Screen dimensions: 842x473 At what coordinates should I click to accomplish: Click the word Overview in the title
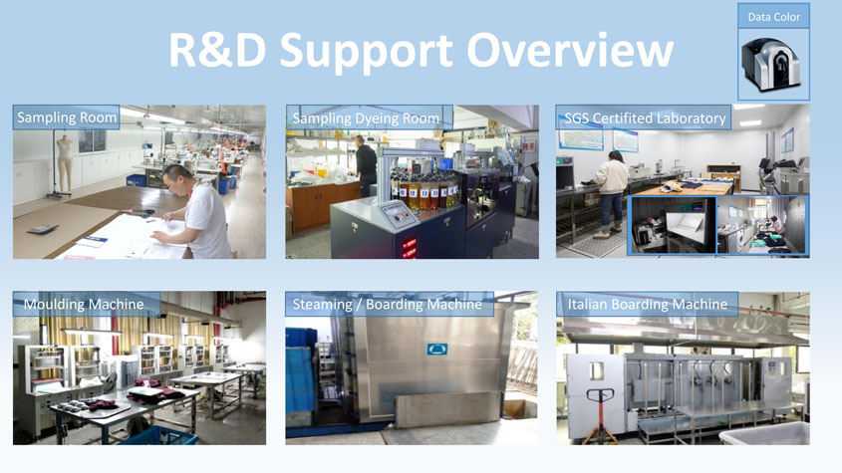click(x=570, y=50)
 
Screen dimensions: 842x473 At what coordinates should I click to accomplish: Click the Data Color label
click(x=774, y=17)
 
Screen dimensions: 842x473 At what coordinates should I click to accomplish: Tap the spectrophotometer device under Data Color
click(x=770, y=65)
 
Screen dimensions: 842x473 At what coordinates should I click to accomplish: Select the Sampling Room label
click(x=66, y=118)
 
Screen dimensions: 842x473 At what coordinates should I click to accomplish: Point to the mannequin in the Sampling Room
click(x=65, y=163)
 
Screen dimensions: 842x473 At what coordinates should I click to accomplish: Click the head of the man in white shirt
click(x=177, y=179)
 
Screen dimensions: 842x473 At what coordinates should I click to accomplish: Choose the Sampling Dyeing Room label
click(x=366, y=118)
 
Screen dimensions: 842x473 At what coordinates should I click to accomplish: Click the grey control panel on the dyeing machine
click(x=397, y=214)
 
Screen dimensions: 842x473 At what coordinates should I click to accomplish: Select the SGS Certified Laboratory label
click(x=645, y=118)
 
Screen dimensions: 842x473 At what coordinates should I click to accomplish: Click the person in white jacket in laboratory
click(x=611, y=193)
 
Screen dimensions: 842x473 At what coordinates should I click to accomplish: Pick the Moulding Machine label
click(x=84, y=304)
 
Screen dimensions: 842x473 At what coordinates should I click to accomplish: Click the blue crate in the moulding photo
click(x=160, y=436)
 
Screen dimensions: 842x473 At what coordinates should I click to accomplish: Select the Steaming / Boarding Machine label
click(x=388, y=305)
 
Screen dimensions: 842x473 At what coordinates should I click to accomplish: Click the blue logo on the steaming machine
click(x=437, y=349)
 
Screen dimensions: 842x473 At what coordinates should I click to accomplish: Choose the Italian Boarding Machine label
click(x=647, y=304)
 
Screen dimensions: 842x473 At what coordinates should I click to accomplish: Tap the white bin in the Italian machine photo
click(x=765, y=433)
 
